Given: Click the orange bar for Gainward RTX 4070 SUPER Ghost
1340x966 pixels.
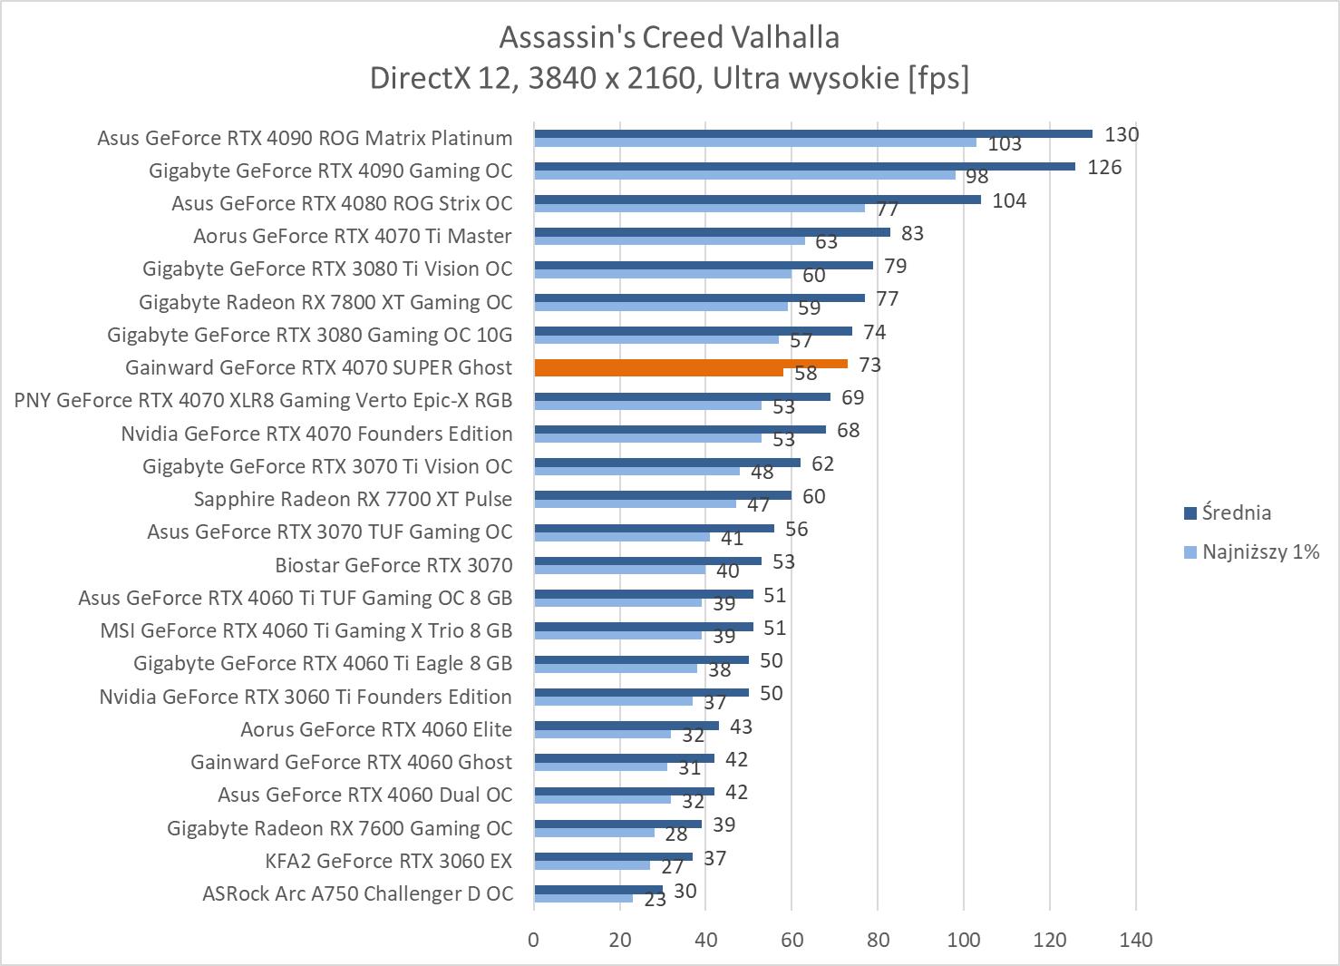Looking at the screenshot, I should pos(691,364).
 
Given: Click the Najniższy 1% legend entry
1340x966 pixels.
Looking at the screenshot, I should pos(1251,551).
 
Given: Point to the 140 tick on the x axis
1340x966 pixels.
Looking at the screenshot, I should pos(1136,940).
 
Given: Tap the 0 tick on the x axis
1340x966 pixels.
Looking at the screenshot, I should pos(534,940).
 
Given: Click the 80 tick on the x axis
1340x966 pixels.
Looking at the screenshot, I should pos(878,940).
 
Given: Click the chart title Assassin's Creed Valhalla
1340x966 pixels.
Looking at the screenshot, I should pos(669,37).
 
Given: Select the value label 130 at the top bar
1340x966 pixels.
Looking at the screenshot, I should pos(1122,134).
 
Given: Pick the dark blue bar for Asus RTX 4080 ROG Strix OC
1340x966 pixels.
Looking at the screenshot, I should pos(757,200).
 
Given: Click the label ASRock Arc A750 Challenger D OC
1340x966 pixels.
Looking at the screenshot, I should pos(357,893).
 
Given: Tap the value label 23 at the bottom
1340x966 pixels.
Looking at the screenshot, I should pos(655,900).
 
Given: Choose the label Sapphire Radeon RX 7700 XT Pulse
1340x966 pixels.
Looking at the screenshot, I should pos(353,499).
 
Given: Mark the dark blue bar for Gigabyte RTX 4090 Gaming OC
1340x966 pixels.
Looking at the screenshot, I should pos(804,167).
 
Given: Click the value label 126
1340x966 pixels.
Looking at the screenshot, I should pos(1104,167).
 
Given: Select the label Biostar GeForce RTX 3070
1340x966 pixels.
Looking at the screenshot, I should pos(393,565).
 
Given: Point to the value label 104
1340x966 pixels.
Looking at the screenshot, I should pos(1009,200).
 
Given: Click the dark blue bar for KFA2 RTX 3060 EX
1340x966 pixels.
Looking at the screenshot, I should pos(613,856).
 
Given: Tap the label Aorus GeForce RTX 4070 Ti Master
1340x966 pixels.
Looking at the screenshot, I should pos(352,236).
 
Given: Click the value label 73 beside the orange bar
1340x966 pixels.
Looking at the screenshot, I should pos(869,365).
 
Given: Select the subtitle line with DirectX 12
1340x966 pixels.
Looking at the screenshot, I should pos(669,78).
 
